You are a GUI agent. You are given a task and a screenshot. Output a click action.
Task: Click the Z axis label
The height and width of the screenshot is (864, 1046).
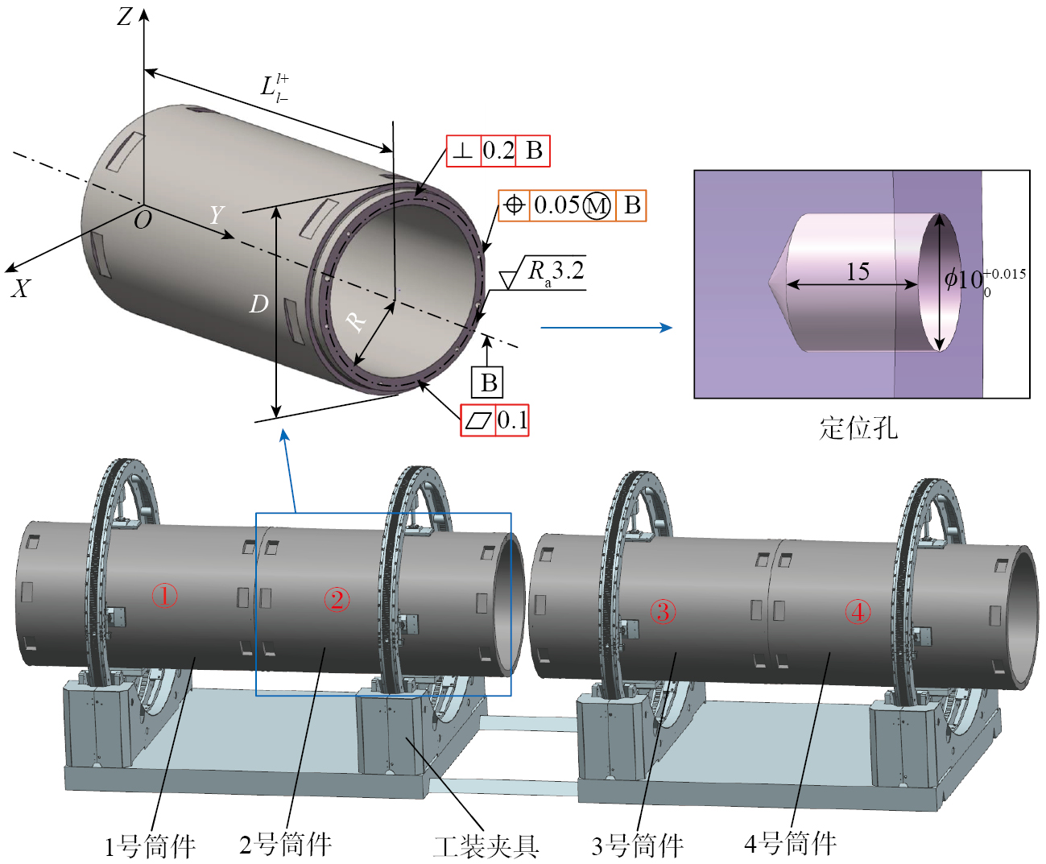pos(124,16)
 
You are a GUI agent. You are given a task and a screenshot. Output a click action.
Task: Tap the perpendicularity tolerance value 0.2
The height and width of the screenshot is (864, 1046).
pos(498,151)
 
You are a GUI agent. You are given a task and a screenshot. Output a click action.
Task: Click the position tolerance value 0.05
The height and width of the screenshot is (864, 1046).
pos(556,205)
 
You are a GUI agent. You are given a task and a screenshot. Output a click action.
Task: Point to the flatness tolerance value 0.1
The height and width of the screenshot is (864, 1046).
pos(512,420)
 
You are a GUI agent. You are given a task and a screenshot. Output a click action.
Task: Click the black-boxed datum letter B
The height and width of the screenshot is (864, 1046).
pos(489,382)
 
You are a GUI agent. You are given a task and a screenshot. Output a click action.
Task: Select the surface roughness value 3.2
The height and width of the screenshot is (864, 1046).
pos(568,271)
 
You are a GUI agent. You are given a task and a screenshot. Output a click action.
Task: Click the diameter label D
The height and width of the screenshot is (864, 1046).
pos(258,304)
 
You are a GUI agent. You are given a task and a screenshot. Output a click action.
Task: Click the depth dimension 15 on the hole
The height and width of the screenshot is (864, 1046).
pos(858,271)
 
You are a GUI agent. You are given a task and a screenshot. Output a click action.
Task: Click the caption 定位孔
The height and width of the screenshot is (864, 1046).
pos(858,428)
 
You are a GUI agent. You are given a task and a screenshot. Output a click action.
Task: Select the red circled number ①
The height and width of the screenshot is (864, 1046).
pos(165,597)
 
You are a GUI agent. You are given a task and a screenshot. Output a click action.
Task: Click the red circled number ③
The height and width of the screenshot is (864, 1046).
pos(663,612)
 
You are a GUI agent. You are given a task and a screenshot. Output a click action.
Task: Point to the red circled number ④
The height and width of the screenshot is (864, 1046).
pos(858,612)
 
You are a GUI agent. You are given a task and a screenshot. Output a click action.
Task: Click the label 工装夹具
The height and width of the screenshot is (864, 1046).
pos(486,846)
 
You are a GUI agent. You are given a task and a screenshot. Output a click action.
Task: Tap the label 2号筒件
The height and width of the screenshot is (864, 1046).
pos(286,844)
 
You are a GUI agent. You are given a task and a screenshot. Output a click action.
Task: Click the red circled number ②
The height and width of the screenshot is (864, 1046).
pos(337,599)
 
